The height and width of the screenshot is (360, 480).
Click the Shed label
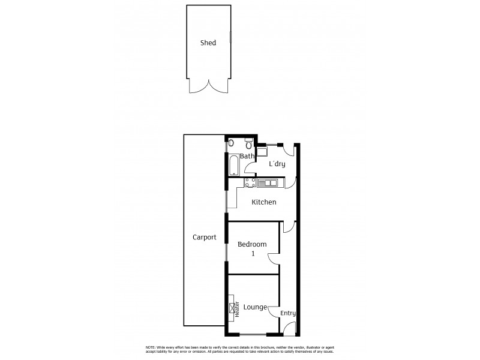208,43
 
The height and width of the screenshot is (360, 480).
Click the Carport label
204,237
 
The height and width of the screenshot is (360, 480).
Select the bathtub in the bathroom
233,164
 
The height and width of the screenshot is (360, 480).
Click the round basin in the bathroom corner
232,143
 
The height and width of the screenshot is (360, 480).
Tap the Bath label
247,157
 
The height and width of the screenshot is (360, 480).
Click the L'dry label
277,164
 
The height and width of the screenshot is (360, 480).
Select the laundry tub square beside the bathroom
262,152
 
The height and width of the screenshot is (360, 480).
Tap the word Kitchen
264,202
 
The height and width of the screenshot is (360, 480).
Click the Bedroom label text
252,244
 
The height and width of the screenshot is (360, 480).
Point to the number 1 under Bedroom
253,254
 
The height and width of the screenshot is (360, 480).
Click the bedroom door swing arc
273,259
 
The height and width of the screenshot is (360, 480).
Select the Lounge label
255,307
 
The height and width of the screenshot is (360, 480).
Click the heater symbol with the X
232,307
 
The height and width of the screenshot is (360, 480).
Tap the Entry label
288,313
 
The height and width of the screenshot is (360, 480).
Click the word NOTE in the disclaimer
151,348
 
